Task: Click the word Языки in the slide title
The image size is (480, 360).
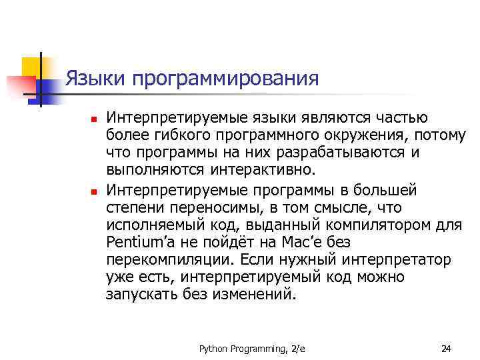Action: click(x=96, y=79)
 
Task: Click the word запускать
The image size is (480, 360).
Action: click(x=141, y=293)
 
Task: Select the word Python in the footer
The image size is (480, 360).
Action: click(x=213, y=349)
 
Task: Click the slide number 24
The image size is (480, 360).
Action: click(x=446, y=349)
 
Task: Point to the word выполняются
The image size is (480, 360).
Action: click(x=155, y=171)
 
